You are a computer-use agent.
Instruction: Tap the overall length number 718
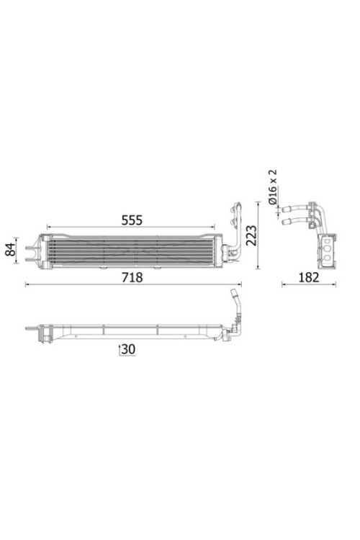[132, 276]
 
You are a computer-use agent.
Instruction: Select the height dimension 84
[11, 250]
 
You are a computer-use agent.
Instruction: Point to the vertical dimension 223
[251, 235]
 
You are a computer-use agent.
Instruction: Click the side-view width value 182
[308, 276]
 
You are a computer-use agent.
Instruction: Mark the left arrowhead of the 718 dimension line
[27, 284]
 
